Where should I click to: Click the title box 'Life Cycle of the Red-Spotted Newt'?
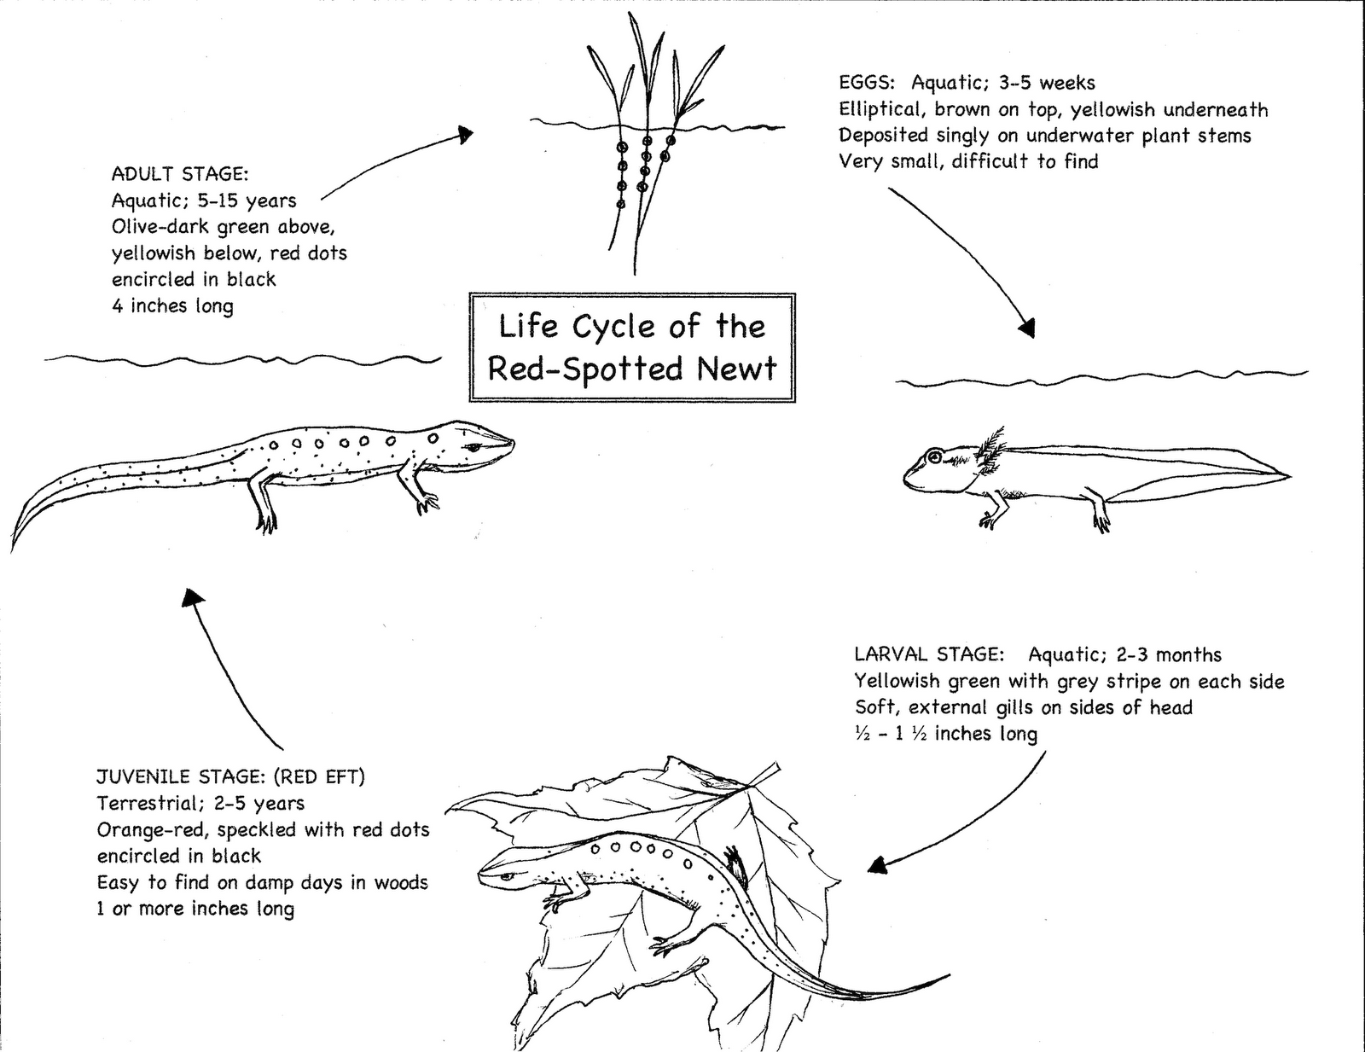pos(632,347)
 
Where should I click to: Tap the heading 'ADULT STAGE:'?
pos(180,172)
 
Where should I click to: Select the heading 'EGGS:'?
pos(867,83)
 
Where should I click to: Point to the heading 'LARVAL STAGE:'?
pos(929,654)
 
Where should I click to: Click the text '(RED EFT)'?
pos(318,777)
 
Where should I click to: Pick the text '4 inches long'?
pos(172,305)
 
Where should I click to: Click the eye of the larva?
pos(935,456)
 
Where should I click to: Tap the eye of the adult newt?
pos(473,446)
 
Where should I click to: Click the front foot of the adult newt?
pos(427,503)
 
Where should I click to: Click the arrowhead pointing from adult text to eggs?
pos(466,134)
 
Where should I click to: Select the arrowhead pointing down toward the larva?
pos(1027,328)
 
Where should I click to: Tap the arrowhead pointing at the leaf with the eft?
pos(878,865)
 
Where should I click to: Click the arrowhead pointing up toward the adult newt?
pos(192,598)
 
